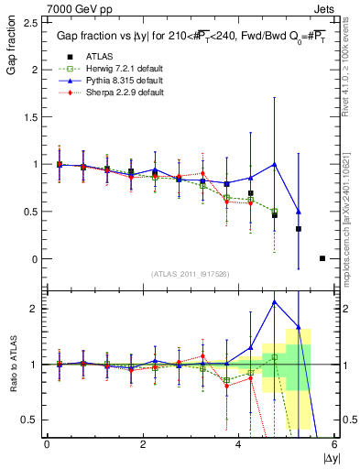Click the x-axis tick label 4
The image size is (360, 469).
click(239, 443)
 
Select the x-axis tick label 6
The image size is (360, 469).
click(334, 443)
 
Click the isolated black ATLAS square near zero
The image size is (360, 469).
click(322, 258)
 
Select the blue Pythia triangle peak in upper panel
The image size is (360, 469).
click(275, 164)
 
